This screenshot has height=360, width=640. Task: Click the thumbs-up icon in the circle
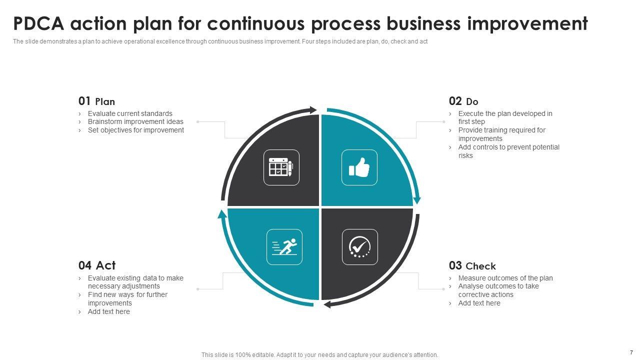coord(359,167)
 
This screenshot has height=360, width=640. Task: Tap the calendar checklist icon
coord(281,167)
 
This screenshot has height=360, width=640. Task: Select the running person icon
coord(284,247)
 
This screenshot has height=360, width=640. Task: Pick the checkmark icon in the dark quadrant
coord(359,247)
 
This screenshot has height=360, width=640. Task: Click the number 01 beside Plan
coord(84,101)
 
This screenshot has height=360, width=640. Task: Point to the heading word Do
coord(472,102)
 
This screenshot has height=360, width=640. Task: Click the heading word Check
coord(480,266)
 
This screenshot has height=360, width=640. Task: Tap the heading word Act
coord(105,265)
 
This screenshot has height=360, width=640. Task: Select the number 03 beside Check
coord(455,265)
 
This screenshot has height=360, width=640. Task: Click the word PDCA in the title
coord(38,24)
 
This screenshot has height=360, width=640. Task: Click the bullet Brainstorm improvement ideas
coord(135,121)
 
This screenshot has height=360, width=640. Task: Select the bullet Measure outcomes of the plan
coord(505,278)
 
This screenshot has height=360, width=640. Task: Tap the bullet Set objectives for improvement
coord(136,130)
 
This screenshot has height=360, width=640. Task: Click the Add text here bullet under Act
coord(109,311)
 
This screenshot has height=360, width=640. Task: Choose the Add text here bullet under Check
coord(479,303)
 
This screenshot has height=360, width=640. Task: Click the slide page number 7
coord(631,352)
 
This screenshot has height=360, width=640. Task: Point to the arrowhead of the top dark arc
coord(313,110)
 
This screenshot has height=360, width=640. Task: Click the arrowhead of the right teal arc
coord(417,200)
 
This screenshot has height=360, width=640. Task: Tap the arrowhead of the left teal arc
coord(222,214)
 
